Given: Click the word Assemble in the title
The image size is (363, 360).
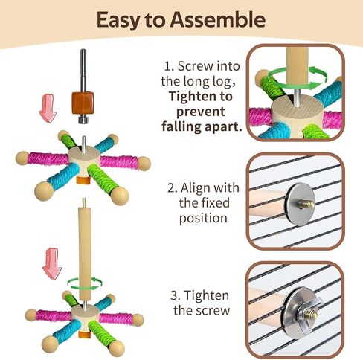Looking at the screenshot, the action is (x=218, y=20).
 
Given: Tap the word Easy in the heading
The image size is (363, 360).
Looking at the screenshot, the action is (x=118, y=21).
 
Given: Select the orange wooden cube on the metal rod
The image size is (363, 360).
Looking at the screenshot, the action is (x=83, y=103).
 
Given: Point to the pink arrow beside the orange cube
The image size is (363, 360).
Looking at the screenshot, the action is (x=48, y=108).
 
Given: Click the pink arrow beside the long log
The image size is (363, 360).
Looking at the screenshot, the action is (x=52, y=263).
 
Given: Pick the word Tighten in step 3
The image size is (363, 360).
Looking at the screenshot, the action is (x=206, y=296).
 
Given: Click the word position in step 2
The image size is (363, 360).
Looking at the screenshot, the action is (x=203, y=219).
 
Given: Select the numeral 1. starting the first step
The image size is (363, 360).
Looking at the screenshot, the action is (x=168, y=66).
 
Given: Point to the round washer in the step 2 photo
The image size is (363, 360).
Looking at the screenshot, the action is (x=301, y=204).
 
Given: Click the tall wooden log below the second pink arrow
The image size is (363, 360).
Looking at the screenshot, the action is (x=84, y=253).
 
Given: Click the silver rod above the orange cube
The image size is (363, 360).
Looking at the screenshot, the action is (x=83, y=71).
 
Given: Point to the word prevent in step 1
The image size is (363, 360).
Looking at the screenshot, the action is (x=201, y=112).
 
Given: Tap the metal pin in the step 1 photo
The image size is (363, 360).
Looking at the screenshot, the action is (x=297, y=98).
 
